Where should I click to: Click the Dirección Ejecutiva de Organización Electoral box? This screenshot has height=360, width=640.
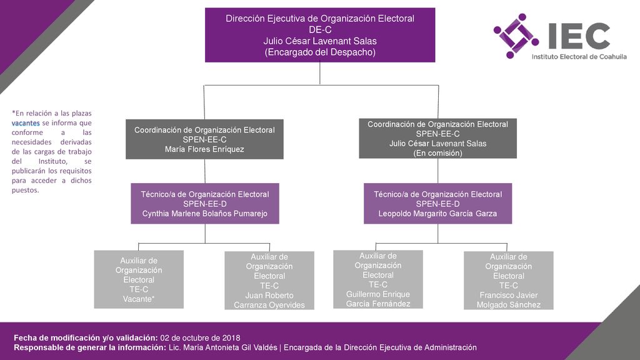point(320,35)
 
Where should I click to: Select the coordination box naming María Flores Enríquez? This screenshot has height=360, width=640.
point(204,139)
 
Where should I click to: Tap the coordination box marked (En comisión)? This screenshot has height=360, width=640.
point(437,138)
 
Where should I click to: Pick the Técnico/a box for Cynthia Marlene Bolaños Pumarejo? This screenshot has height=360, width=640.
point(205,204)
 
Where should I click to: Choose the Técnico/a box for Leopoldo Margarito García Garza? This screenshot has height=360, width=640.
point(437,204)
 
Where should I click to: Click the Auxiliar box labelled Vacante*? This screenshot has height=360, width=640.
point(139,279)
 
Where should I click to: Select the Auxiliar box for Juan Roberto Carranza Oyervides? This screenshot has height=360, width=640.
point(269,281)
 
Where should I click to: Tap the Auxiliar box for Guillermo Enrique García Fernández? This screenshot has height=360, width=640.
point(378,279)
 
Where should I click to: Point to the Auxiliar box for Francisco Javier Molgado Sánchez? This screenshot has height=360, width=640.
point(509,281)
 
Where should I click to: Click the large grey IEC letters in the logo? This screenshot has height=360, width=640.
point(579,36)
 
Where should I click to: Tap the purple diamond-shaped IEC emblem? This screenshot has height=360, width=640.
point(516,36)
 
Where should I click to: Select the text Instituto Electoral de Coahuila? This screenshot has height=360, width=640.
point(579,57)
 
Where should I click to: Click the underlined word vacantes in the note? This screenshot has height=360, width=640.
point(26,123)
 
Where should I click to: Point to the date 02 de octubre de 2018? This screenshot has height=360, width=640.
point(200,338)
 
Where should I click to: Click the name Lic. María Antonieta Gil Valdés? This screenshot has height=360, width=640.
point(223,347)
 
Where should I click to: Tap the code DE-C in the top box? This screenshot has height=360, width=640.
point(320,30)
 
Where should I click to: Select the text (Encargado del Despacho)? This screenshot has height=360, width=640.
point(320,52)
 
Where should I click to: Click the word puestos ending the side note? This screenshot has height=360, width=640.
point(25,190)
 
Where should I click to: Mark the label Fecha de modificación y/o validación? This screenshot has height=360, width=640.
point(86,338)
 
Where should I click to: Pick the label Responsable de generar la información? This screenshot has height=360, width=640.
point(90,347)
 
